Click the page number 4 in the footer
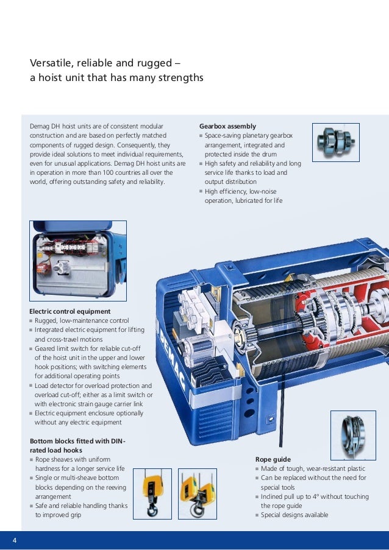pos(14,540)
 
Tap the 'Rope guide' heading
pos(273,459)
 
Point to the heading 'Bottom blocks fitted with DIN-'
pos(77,441)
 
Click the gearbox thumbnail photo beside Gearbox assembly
pos(335,142)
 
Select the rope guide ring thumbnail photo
pos(353,435)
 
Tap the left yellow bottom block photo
pos(152,493)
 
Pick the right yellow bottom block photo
pos(197,493)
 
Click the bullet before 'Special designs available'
pos(257,515)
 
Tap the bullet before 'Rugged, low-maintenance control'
pos(31,321)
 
